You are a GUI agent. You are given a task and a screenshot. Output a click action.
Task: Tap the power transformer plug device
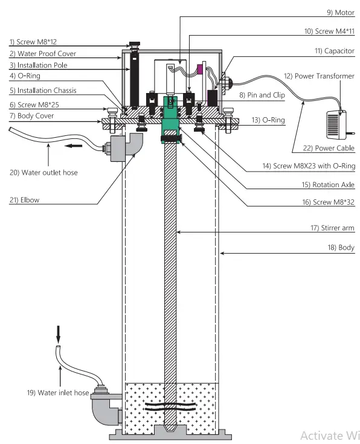point(335,124)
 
